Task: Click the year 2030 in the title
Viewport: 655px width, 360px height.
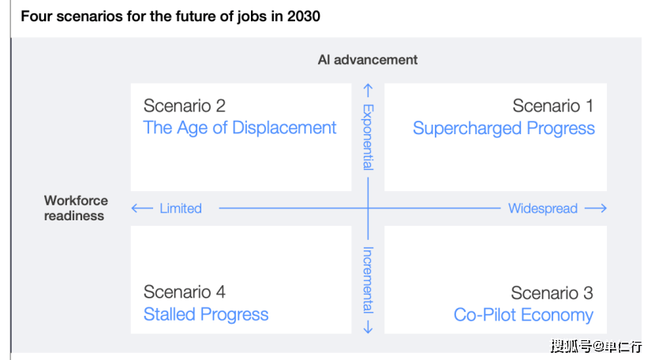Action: [304, 17]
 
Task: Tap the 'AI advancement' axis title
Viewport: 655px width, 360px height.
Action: [368, 60]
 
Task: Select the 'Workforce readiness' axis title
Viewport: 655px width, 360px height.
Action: [76, 208]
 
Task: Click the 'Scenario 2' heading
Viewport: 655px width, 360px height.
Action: [184, 106]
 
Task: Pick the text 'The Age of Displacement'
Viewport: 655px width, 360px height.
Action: [240, 128]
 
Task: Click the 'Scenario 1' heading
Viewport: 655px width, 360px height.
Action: [552, 106]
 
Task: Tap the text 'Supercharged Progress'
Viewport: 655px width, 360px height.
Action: [503, 129]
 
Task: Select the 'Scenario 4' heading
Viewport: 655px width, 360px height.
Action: [184, 292]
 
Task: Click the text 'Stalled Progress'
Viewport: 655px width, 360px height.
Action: [206, 314]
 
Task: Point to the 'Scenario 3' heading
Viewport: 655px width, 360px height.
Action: [552, 293]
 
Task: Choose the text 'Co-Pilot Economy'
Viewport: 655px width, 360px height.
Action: [523, 315]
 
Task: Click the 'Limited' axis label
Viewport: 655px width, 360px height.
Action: [181, 208]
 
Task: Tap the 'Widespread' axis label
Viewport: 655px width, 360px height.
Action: [543, 208]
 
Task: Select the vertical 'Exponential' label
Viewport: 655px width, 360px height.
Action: [368, 137]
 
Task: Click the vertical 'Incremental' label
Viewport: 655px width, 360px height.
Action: [368, 279]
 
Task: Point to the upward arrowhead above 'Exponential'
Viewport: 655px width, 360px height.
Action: [368, 87]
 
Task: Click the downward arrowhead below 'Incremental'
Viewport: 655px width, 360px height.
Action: [368, 329]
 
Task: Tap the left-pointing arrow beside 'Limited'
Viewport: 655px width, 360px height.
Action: [142, 208]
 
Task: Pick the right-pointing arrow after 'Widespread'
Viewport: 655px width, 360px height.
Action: [596, 208]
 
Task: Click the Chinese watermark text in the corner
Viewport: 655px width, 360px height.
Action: [596, 347]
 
